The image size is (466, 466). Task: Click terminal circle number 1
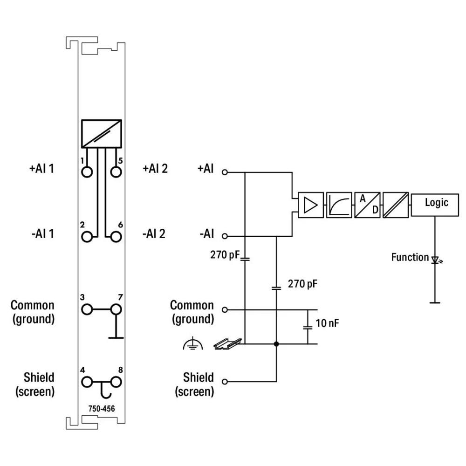pyautogui.click(x=87, y=172)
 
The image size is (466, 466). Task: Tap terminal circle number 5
pyautogui.click(x=116, y=172)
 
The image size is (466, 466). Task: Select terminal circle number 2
pyautogui.click(x=87, y=237)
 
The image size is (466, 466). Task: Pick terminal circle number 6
pyautogui.click(x=116, y=237)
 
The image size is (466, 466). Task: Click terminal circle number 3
pyautogui.click(x=87, y=309)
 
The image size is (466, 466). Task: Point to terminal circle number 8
pyautogui.click(x=116, y=382)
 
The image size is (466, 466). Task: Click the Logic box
pyautogui.click(x=435, y=205)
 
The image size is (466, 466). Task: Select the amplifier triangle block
pyautogui.click(x=310, y=205)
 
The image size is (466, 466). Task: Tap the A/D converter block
pyautogui.click(x=367, y=205)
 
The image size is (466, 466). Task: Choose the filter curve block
pyautogui.click(x=339, y=205)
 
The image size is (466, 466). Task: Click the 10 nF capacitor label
pyautogui.click(x=327, y=323)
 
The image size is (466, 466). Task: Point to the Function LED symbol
pyautogui.click(x=436, y=260)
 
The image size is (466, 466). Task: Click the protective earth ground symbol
pyautogui.click(x=193, y=343)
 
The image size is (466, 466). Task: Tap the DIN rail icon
pyautogui.click(x=227, y=343)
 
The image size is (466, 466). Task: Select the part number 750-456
pyautogui.click(x=101, y=409)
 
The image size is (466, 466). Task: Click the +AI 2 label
pyautogui.click(x=155, y=169)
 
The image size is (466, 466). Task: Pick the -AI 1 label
pyautogui.click(x=43, y=233)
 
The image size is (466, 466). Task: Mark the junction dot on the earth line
pyautogui.click(x=276, y=344)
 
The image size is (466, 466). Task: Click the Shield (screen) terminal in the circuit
pyautogui.click(x=225, y=382)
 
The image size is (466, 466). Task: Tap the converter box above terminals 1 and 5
pyautogui.click(x=101, y=134)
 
